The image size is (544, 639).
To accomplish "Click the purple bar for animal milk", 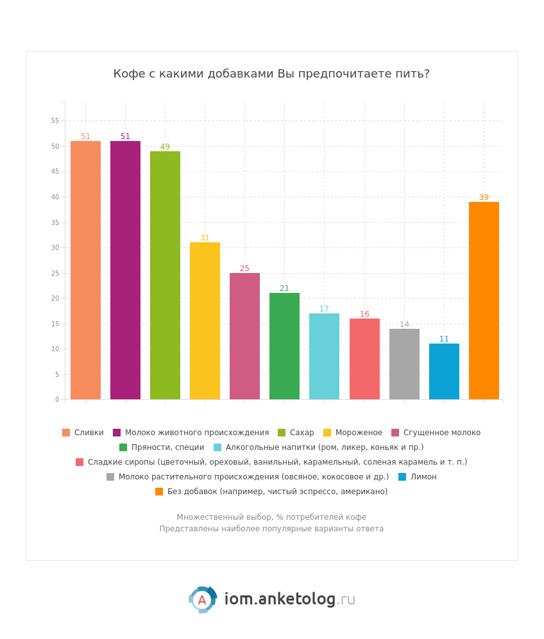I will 125,270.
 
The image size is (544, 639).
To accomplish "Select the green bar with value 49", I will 165,275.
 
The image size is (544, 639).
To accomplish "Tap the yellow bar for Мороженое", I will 205,320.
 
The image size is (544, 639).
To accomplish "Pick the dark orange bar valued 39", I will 484,301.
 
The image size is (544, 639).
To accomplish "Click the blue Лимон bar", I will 444,371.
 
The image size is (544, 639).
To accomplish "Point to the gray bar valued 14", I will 404,364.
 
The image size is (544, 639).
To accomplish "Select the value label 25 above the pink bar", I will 244,269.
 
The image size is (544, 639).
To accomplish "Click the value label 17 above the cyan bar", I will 324,309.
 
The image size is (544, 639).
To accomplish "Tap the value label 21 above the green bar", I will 284,288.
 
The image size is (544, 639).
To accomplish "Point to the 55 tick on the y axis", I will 55,120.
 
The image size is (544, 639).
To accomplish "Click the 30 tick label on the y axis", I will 55,247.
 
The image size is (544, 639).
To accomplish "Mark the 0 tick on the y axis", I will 56,400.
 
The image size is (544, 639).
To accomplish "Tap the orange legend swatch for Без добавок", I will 159,492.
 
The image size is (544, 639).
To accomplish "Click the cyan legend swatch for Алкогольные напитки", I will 217,447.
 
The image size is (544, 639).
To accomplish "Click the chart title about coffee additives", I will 271,74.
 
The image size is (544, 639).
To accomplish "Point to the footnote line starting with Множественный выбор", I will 271,517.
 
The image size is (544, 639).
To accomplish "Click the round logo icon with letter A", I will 202,600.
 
